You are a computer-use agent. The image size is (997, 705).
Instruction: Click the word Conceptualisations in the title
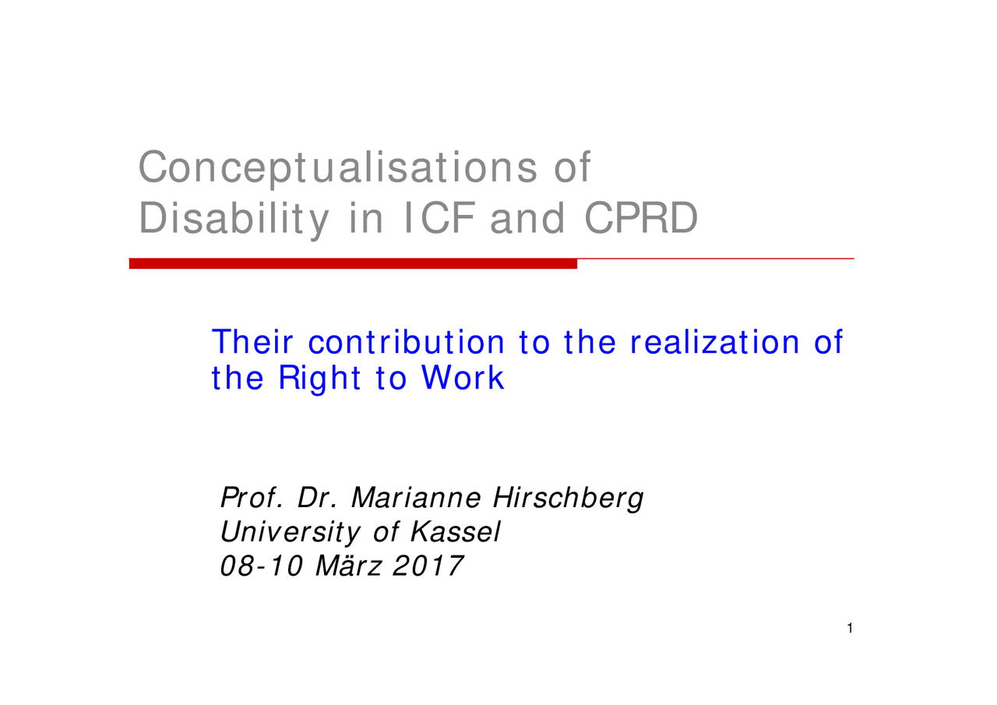(338, 168)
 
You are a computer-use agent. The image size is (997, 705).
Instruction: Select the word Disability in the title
(234, 220)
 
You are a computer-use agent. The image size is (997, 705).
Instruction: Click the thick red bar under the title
(353, 263)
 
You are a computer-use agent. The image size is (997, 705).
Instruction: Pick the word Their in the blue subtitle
(252, 342)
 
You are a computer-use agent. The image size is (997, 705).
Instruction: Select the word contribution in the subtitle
(407, 342)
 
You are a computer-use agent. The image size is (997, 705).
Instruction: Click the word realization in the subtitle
(715, 342)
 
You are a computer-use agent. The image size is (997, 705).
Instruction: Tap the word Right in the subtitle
(319, 378)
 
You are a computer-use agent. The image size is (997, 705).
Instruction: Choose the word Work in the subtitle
(463, 378)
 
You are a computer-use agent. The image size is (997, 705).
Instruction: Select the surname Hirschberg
(569, 498)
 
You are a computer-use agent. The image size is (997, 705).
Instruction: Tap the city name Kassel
(456, 531)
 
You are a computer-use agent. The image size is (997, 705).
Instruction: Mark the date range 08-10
(262, 566)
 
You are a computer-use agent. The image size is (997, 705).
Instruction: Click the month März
(348, 566)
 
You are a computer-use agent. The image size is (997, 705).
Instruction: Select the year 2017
(428, 566)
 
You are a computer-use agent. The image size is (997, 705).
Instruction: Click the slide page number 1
(850, 628)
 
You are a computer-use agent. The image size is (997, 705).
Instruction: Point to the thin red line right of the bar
(716, 259)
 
